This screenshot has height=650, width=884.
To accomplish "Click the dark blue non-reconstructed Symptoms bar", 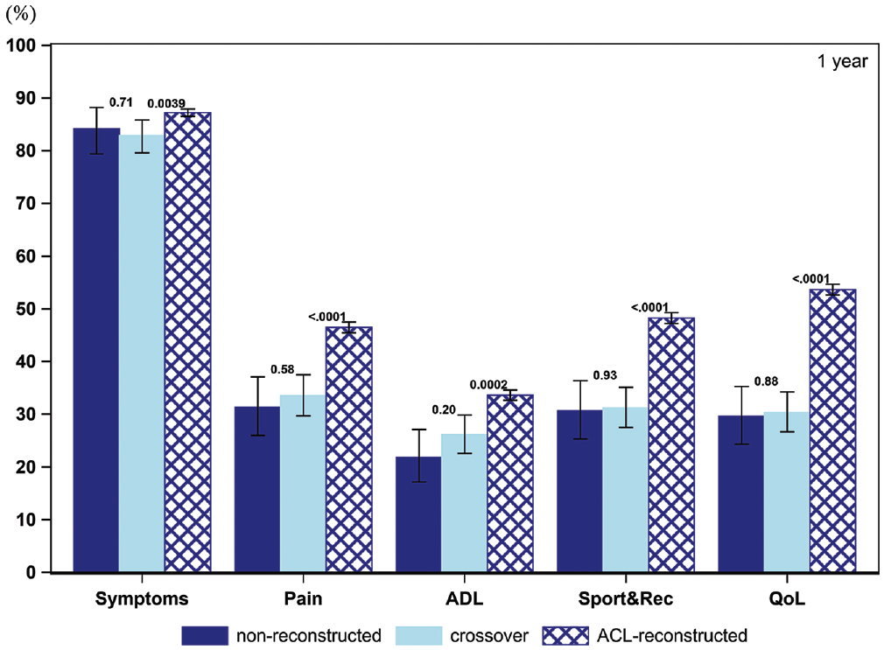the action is (96, 350).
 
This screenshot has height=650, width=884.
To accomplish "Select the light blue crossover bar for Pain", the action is (303, 484).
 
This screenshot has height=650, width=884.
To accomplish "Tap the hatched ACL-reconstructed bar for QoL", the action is (832, 430).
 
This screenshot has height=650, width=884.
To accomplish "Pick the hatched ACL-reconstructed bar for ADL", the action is (510, 484).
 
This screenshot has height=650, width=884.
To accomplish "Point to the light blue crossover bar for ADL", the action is (464, 503).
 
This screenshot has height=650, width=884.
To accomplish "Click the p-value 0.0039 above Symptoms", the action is (166, 104).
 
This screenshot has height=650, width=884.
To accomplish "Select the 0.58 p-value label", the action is (283, 369).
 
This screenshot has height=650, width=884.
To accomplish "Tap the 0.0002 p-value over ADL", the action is (488, 384).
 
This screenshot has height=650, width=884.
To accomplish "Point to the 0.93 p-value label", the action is (605, 375).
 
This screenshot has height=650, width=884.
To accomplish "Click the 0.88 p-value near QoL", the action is (766, 381).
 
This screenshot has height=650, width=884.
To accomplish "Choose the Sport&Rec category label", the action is (626, 598).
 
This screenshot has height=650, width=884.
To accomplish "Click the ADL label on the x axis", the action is (465, 598).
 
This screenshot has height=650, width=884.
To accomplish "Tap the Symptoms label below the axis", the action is (142, 598).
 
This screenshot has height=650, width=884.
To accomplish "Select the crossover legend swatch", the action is (419, 635).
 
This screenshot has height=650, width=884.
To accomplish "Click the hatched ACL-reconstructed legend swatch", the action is (565, 635).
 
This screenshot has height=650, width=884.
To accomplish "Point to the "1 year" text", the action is (843, 61).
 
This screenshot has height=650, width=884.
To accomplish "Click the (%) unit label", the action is (20, 13).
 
